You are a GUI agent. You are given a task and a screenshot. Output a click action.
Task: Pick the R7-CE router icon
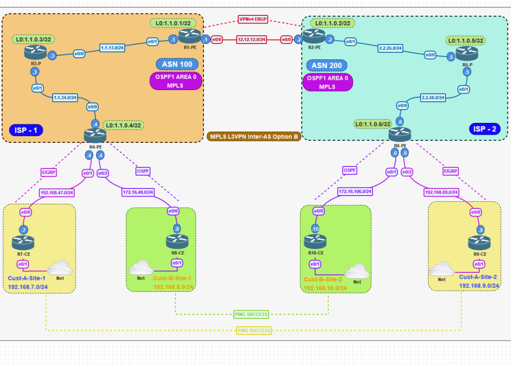point(24,240)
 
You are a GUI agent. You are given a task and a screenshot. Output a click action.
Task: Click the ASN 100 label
point(176,65)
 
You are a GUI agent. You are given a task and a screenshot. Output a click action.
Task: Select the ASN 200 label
point(326,66)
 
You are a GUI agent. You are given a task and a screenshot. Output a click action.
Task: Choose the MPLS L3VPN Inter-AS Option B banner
point(253,137)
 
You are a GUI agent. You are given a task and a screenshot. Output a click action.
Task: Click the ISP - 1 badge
point(26,130)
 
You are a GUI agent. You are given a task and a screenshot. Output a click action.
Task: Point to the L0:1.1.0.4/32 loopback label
point(123,125)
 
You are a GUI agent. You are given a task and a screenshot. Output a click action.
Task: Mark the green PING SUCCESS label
point(251,314)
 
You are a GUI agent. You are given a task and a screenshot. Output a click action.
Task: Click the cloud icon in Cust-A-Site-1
point(60,267)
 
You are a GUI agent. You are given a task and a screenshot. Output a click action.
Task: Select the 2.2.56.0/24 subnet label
point(433,97)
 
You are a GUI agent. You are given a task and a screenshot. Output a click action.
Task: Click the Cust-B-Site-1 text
point(173,279)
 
